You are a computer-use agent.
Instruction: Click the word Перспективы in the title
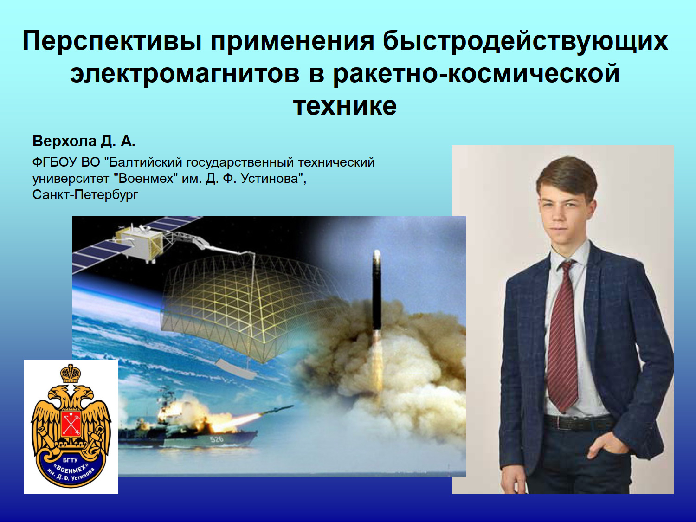tap(112, 41)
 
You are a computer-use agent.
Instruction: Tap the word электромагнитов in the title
tap(185, 73)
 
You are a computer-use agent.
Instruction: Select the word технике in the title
tap(345, 105)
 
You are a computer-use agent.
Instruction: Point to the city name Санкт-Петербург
tap(85, 194)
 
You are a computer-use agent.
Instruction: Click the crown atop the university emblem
tap(71, 374)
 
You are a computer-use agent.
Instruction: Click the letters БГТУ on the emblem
tap(71, 460)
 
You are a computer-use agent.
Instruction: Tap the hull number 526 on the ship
tap(217, 439)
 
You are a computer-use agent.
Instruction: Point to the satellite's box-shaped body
tap(139, 243)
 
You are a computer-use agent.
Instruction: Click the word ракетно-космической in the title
tap(476, 73)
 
